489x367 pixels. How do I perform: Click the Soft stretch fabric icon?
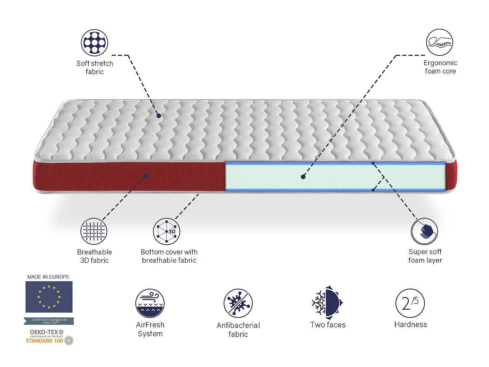click(x=95, y=42)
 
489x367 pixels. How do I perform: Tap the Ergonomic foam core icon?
click(x=439, y=42)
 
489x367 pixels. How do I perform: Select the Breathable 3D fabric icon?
click(x=94, y=231)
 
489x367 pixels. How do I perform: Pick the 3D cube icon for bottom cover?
click(x=167, y=231)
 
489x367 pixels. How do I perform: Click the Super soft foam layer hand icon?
click(x=424, y=231)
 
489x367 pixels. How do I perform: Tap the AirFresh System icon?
click(x=150, y=303)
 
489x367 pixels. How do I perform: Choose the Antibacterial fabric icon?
click(x=238, y=303)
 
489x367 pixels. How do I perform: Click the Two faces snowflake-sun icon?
click(x=327, y=302)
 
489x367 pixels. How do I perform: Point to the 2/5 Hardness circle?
click(x=410, y=303)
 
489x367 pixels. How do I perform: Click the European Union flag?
click(x=49, y=297)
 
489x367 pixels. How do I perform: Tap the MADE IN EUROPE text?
click(x=48, y=277)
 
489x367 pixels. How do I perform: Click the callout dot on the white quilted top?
click(x=158, y=115)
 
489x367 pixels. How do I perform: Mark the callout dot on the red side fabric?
click(x=146, y=176)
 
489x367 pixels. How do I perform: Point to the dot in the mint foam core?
click(x=303, y=177)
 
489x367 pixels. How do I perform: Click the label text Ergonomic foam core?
click(x=440, y=67)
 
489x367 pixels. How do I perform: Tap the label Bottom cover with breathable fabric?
click(x=169, y=256)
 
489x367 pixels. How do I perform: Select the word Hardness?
click(x=410, y=325)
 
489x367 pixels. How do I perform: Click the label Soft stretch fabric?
click(x=95, y=68)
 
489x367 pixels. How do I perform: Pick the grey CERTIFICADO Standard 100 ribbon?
click(x=49, y=321)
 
